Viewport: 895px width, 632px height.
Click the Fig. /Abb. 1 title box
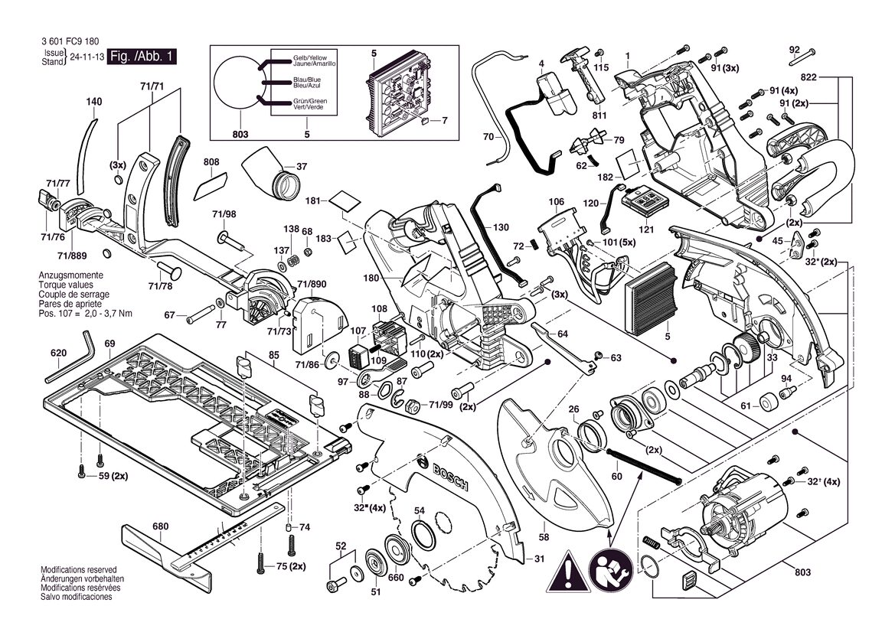[142, 57]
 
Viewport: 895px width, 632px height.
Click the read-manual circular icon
[611, 572]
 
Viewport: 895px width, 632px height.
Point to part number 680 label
[160, 526]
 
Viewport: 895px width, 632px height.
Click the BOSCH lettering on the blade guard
[443, 474]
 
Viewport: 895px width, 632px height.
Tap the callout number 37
[302, 167]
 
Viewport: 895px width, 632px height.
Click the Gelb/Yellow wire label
[310, 58]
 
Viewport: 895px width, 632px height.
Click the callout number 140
[93, 102]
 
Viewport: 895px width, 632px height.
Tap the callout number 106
[556, 201]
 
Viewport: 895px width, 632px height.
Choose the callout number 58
[544, 537]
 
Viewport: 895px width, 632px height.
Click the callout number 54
[419, 510]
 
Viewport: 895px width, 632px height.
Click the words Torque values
[66, 285]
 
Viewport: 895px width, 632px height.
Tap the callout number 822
[808, 77]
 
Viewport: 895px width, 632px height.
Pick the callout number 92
[795, 50]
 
